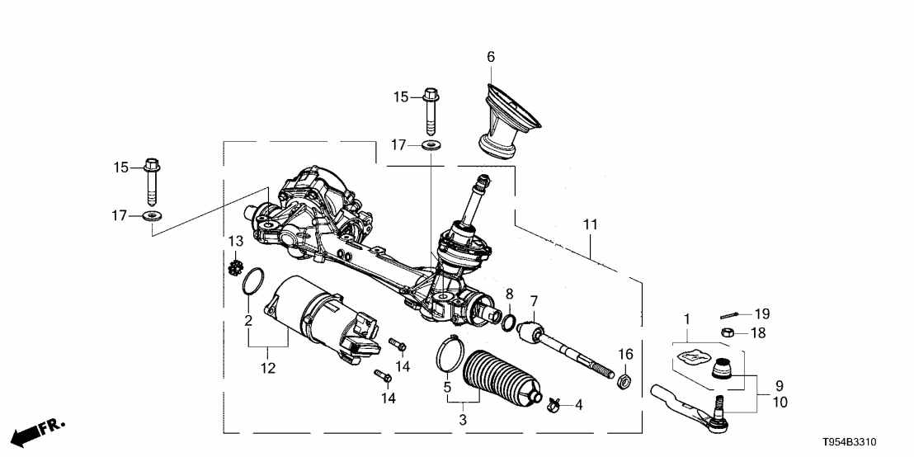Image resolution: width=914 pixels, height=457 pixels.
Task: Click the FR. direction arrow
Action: pyautogui.click(x=38, y=431)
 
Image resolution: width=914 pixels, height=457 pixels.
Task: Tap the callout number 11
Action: pyautogui.click(x=591, y=224)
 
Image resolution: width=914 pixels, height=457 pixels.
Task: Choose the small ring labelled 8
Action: pyautogui.click(x=509, y=322)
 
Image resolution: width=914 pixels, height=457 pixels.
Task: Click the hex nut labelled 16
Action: pyautogui.click(x=624, y=381)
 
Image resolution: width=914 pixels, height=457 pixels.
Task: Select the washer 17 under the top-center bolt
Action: pyautogui.click(x=430, y=146)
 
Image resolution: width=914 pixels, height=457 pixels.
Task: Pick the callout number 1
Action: pyautogui.click(x=684, y=318)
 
